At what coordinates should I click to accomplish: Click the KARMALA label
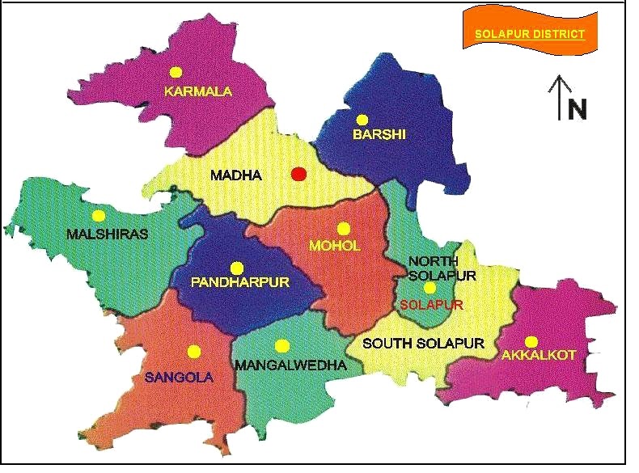197,91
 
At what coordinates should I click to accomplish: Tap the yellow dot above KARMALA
177,71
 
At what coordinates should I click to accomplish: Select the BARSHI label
379,135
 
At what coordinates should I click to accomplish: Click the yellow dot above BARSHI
362,119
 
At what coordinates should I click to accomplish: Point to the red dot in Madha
298,174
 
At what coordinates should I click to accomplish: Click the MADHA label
235,175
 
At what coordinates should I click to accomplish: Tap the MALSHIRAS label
108,234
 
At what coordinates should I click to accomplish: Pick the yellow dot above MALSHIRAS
99,216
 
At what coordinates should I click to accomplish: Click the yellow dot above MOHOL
343,229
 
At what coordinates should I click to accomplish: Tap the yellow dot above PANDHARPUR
236,268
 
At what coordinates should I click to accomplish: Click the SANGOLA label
179,377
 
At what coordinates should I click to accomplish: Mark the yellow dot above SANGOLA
193,351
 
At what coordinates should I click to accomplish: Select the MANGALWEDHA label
290,365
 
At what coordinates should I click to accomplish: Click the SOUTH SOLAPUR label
423,344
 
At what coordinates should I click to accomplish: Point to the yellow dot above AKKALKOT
531,341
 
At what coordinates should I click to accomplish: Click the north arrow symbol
557,97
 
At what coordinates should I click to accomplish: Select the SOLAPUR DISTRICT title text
529,35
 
